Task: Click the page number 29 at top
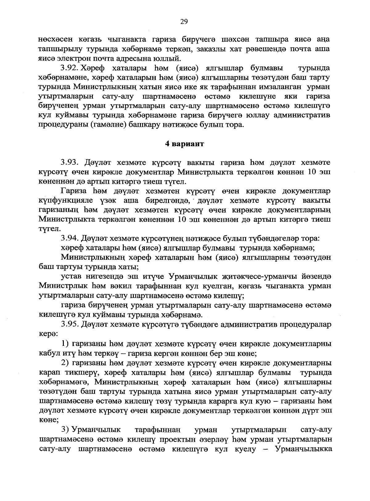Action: point(184,21)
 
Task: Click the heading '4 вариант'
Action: point(184,144)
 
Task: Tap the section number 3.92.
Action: point(70,68)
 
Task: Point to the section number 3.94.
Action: point(70,238)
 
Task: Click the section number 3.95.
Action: point(70,325)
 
